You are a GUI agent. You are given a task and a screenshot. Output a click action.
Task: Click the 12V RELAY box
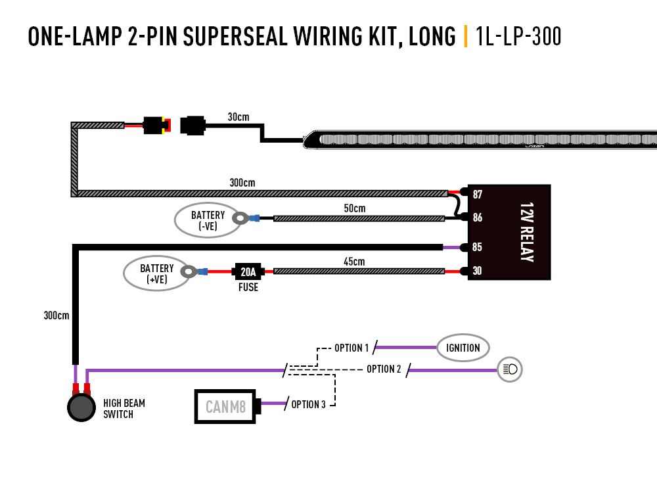[509, 232]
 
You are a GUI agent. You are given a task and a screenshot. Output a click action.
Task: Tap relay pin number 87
[477, 194]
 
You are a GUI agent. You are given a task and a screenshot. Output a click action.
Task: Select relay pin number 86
[477, 217]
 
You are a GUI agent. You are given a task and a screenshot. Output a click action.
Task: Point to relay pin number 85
[477, 248]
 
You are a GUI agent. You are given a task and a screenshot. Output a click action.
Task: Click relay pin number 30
[477, 270]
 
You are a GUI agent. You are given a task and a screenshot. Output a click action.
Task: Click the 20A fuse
[248, 271]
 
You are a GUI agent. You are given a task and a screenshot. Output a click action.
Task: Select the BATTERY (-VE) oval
[208, 220]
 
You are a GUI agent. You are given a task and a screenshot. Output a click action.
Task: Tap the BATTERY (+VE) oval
[156, 273]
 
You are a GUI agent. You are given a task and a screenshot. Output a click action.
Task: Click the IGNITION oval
[463, 348]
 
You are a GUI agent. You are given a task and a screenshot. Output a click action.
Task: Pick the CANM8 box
[225, 407]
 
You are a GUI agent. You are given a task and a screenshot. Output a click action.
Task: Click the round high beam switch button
[81, 408]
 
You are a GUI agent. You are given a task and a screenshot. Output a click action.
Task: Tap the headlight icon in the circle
[510, 369]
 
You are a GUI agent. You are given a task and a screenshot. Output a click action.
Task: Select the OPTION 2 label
[384, 369]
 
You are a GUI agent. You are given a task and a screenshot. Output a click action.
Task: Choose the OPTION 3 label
[308, 404]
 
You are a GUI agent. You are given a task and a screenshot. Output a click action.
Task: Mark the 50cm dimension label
[354, 208]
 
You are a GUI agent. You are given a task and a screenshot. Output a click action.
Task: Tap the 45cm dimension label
[354, 262]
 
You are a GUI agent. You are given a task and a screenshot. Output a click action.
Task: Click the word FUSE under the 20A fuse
[248, 287]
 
